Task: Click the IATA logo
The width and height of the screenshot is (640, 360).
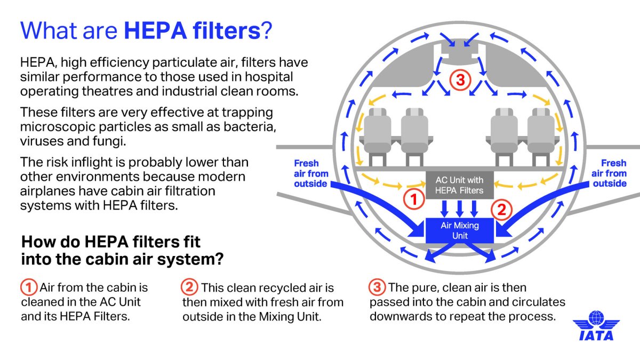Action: point(596,325)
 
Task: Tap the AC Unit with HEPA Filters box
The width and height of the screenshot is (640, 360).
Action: point(459,185)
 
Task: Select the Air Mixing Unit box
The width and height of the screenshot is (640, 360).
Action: point(459,230)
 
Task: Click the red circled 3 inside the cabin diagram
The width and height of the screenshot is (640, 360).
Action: point(460,80)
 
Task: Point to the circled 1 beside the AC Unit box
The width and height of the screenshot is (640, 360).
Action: point(414,199)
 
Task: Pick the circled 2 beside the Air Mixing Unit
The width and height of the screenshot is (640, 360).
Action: point(502,210)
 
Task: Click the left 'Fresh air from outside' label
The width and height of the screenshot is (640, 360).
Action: point(311,173)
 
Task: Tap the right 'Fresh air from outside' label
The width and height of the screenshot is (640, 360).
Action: point(609,173)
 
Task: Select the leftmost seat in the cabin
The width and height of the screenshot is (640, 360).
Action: point(377,137)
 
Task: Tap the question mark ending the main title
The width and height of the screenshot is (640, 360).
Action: point(267,30)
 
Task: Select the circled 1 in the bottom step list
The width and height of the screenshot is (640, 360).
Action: point(29,287)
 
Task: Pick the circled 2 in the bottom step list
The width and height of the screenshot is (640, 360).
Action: point(189,287)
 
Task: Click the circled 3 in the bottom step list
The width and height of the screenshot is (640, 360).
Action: point(377,287)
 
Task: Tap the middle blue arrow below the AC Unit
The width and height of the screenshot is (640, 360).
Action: point(459,209)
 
